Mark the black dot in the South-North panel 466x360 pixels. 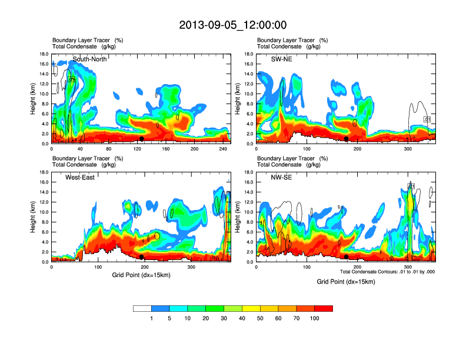[142, 139]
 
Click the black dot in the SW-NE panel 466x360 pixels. [347, 139]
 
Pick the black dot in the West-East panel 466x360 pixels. [142, 257]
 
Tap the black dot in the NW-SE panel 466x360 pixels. [347, 257]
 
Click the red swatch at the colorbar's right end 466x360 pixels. [324, 308]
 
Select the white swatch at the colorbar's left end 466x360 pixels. [142, 308]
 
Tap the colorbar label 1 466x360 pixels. [152, 318]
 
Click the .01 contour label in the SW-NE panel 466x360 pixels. [428, 119]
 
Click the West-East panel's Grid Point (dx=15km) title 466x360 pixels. [140, 275]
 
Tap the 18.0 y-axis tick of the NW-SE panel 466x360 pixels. [248, 172]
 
